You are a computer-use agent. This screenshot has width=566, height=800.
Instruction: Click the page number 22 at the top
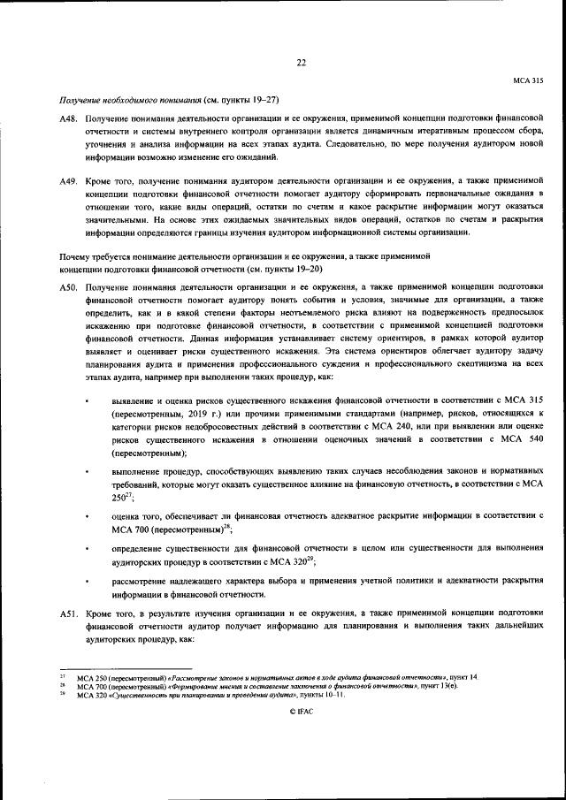301,62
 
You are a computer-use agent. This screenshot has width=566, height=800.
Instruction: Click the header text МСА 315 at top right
528,80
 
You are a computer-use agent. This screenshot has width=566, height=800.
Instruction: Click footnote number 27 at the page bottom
62,676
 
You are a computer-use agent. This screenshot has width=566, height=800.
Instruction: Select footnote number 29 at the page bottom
62,695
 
